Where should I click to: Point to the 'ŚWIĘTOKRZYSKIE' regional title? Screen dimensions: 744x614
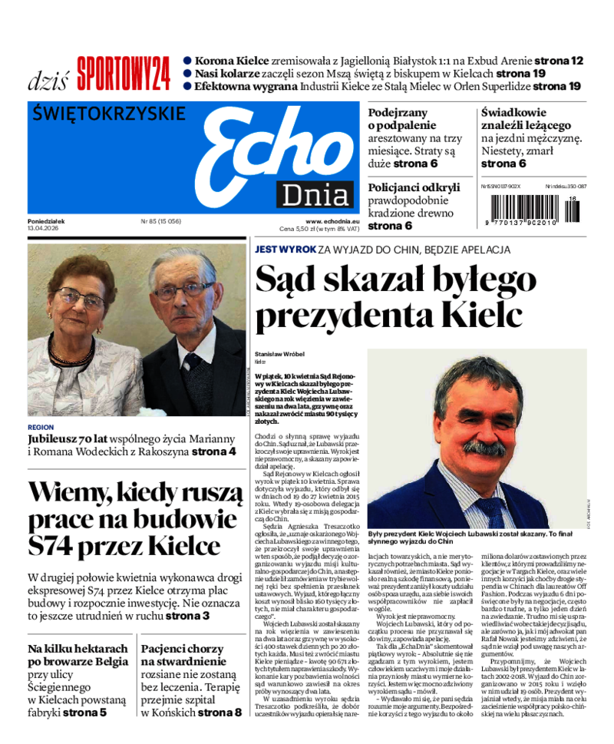[x=110, y=114]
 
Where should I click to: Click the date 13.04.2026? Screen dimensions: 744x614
[x=43, y=229]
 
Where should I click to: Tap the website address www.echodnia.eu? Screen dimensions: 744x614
[x=328, y=221]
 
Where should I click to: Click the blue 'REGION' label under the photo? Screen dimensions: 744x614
[x=40, y=427]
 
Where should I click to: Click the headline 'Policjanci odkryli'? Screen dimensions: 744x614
[x=414, y=187]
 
